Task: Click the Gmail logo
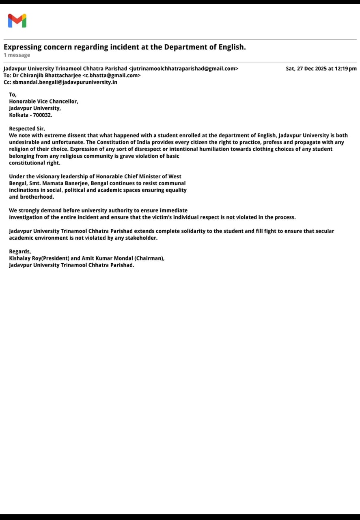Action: point(17,20)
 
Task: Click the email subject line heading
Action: point(125,47)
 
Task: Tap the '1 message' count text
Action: point(17,55)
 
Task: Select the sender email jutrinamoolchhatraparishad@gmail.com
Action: point(183,69)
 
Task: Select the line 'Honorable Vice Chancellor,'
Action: point(43,102)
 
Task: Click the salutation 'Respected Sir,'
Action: point(27,129)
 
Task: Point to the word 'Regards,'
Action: point(20,251)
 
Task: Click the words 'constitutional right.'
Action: point(34,163)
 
